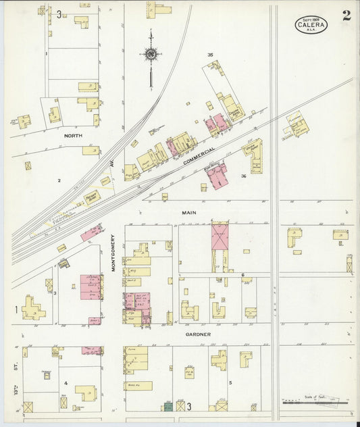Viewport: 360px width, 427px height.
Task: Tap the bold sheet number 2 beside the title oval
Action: pyautogui.click(x=346, y=16)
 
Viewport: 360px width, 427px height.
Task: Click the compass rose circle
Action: pyautogui.click(x=151, y=54)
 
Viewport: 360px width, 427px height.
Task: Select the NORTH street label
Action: pyautogui.click(x=72, y=135)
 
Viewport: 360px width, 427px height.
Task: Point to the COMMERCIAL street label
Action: pyautogui.click(x=199, y=155)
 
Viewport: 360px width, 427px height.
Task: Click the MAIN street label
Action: pyautogui.click(x=188, y=213)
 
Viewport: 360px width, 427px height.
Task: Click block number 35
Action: pyautogui.click(x=210, y=55)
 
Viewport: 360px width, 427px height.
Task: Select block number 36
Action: pyautogui.click(x=243, y=176)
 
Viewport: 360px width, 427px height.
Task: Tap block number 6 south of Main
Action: pyautogui.click(x=242, y=275)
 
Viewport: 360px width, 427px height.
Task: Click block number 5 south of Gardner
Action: pyautogui.click(x=230, y=382)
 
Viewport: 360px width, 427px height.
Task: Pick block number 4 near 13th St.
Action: pyautogui.click(x=66, y=382)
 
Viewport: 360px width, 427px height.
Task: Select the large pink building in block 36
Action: pyautogui.click(x=217, y=176)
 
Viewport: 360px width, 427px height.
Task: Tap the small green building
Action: pyautogui.click(x=167, y=407)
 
